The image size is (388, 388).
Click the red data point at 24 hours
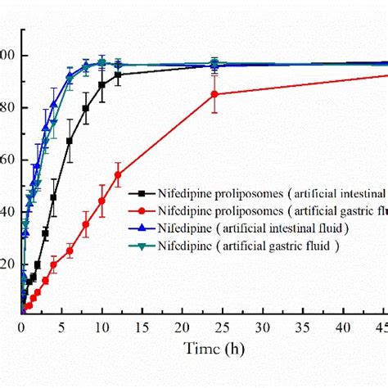click(x=214, y=94)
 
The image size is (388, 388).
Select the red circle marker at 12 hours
click(x=118, y=174)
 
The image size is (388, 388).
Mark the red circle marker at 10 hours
click(x=102, y=201)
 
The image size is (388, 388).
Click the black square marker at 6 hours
click(x=70, y=141)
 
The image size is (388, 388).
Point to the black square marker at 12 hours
click(x=118, y=74)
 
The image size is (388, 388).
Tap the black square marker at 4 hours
click(x=53, y=197)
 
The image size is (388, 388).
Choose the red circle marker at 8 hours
click(x=85, y=224)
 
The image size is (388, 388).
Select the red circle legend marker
click(x=142, y=210)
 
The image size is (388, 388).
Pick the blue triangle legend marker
click(x=142, y=228)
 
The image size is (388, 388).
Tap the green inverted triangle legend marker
click(x=142, y=244)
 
